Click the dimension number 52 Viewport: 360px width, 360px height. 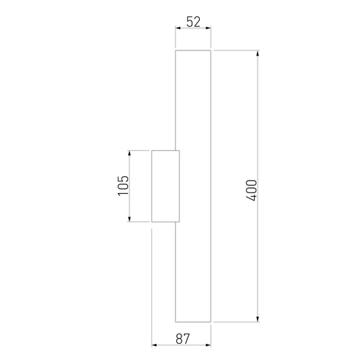pos(193,22)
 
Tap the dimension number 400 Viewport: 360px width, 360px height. pos(252,190)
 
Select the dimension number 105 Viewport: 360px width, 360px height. pos(123,186)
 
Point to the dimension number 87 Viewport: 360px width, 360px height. pos(182,339)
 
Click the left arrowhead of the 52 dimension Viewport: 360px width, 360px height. pos(178,29)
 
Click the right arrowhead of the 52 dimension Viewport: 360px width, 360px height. pos(209,29)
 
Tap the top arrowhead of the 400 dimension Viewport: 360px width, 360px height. pos(258,53)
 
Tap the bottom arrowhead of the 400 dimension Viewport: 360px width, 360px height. pos(258,319)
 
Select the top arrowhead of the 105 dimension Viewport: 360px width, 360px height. pos(130,153)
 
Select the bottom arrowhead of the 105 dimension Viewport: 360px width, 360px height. pos(130,220)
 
